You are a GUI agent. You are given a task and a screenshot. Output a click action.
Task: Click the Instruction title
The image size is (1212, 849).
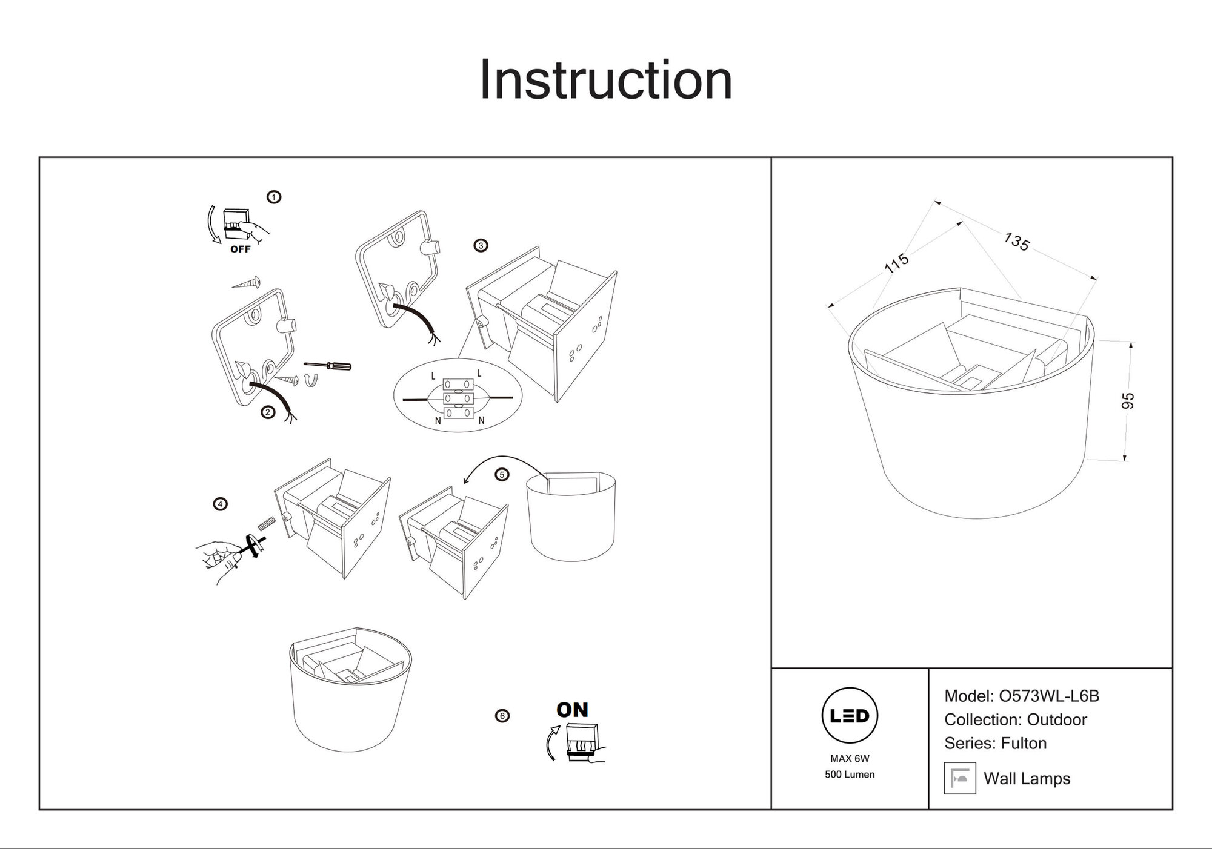click(605, 80)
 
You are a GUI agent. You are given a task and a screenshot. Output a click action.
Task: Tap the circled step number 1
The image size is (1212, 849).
click(274, 197)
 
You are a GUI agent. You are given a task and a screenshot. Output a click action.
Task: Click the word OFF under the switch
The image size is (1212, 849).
click(241, 249)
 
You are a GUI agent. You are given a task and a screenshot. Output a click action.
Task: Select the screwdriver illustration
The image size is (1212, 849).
click(327, 365)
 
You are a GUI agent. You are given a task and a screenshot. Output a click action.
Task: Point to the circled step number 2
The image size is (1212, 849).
click(268, 412)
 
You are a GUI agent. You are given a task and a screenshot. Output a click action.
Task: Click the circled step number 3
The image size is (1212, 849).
click(481, 245)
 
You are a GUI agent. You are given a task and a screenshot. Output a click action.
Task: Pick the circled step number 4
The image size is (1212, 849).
click(221, 504)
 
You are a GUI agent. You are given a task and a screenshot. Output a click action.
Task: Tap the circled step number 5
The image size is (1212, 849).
click(502, 475)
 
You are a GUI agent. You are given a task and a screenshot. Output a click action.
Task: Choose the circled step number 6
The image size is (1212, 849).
click(502, 716)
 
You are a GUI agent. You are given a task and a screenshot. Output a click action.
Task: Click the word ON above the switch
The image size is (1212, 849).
click(572, 710)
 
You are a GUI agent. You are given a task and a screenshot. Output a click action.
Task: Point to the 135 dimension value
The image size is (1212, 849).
click(1016, 242)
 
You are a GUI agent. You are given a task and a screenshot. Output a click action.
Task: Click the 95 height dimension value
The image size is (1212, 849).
click(1128, 401)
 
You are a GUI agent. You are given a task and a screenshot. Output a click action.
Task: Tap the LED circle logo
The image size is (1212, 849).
click(850, 716)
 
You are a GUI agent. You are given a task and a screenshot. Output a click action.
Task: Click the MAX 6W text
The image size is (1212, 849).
click(850, 759)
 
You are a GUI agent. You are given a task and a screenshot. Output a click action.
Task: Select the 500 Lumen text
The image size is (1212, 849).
click(850, 775)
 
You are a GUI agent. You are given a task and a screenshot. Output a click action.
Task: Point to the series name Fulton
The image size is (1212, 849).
click(1024, 743)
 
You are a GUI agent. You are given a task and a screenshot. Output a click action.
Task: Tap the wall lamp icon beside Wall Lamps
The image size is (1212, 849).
click(960, 778)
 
